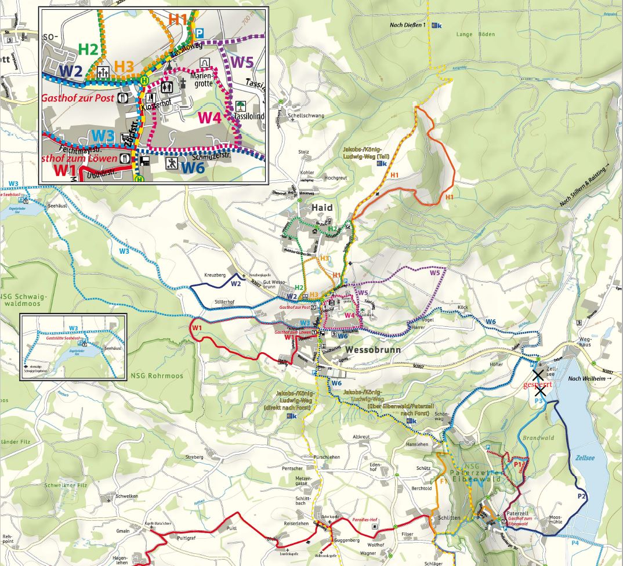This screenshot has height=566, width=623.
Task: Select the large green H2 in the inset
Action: pyautogui.click(x=88, y=49)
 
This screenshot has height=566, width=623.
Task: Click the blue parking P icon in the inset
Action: pyautogui.click(x=200, y=33)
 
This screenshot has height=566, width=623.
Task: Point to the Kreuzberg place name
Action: pyautogui.click(x=214, y=274)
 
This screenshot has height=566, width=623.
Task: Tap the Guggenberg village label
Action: pyautogui.click(x=346, y=540)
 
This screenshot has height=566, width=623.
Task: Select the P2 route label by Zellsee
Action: pyautogui.click(x=582, y=496)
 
